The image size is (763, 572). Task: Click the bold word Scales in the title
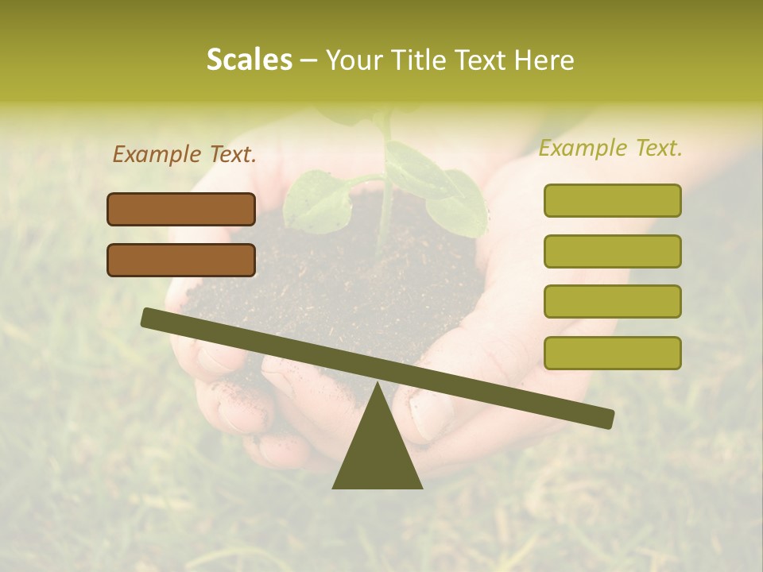250,60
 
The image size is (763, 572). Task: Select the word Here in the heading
544,60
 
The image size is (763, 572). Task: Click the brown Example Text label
184,154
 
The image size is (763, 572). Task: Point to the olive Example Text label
610,148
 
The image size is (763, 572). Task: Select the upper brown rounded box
181,209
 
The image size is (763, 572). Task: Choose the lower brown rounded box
181,260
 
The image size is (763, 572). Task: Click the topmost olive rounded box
612,200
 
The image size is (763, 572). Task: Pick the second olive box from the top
612,251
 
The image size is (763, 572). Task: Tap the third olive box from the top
612,302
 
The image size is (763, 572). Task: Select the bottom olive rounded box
612,353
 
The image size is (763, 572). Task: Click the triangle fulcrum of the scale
378,453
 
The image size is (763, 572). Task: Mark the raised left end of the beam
148,317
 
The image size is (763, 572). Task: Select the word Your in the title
354,60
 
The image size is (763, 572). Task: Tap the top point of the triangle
378,385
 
